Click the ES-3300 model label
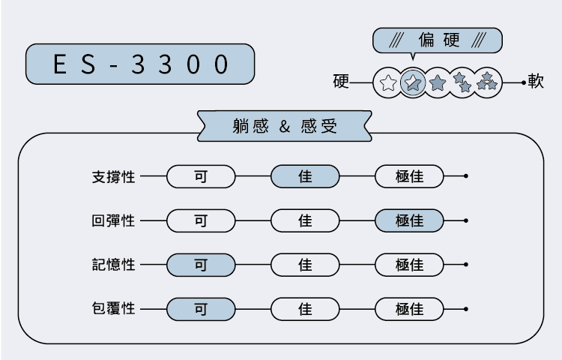click(140, 64)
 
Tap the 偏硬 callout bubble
click(437, 40)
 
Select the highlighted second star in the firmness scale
click(412, 82)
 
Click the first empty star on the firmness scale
click(387, 82)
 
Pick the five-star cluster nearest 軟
click(488, 82)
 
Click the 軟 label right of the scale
click(536, 82)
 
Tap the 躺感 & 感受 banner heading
click(285, 126)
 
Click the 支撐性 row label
click(113, 177)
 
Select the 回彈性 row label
click(113, 221)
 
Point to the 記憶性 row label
click(113, 265)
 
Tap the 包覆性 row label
click(113, 308)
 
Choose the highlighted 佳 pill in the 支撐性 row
click(305, 177)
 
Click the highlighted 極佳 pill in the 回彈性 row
click(409, 221)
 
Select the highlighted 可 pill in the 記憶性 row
click(201, 265)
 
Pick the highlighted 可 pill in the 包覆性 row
click(201, 308)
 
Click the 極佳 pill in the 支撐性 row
click(409, 177)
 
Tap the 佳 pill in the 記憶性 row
click(305, 265)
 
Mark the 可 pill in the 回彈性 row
click(201, 221)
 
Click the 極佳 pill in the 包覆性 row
click(409, 308)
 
